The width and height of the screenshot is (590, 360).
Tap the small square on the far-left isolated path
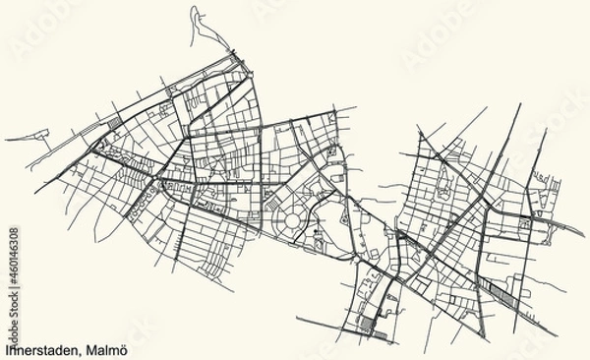point(39,129)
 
